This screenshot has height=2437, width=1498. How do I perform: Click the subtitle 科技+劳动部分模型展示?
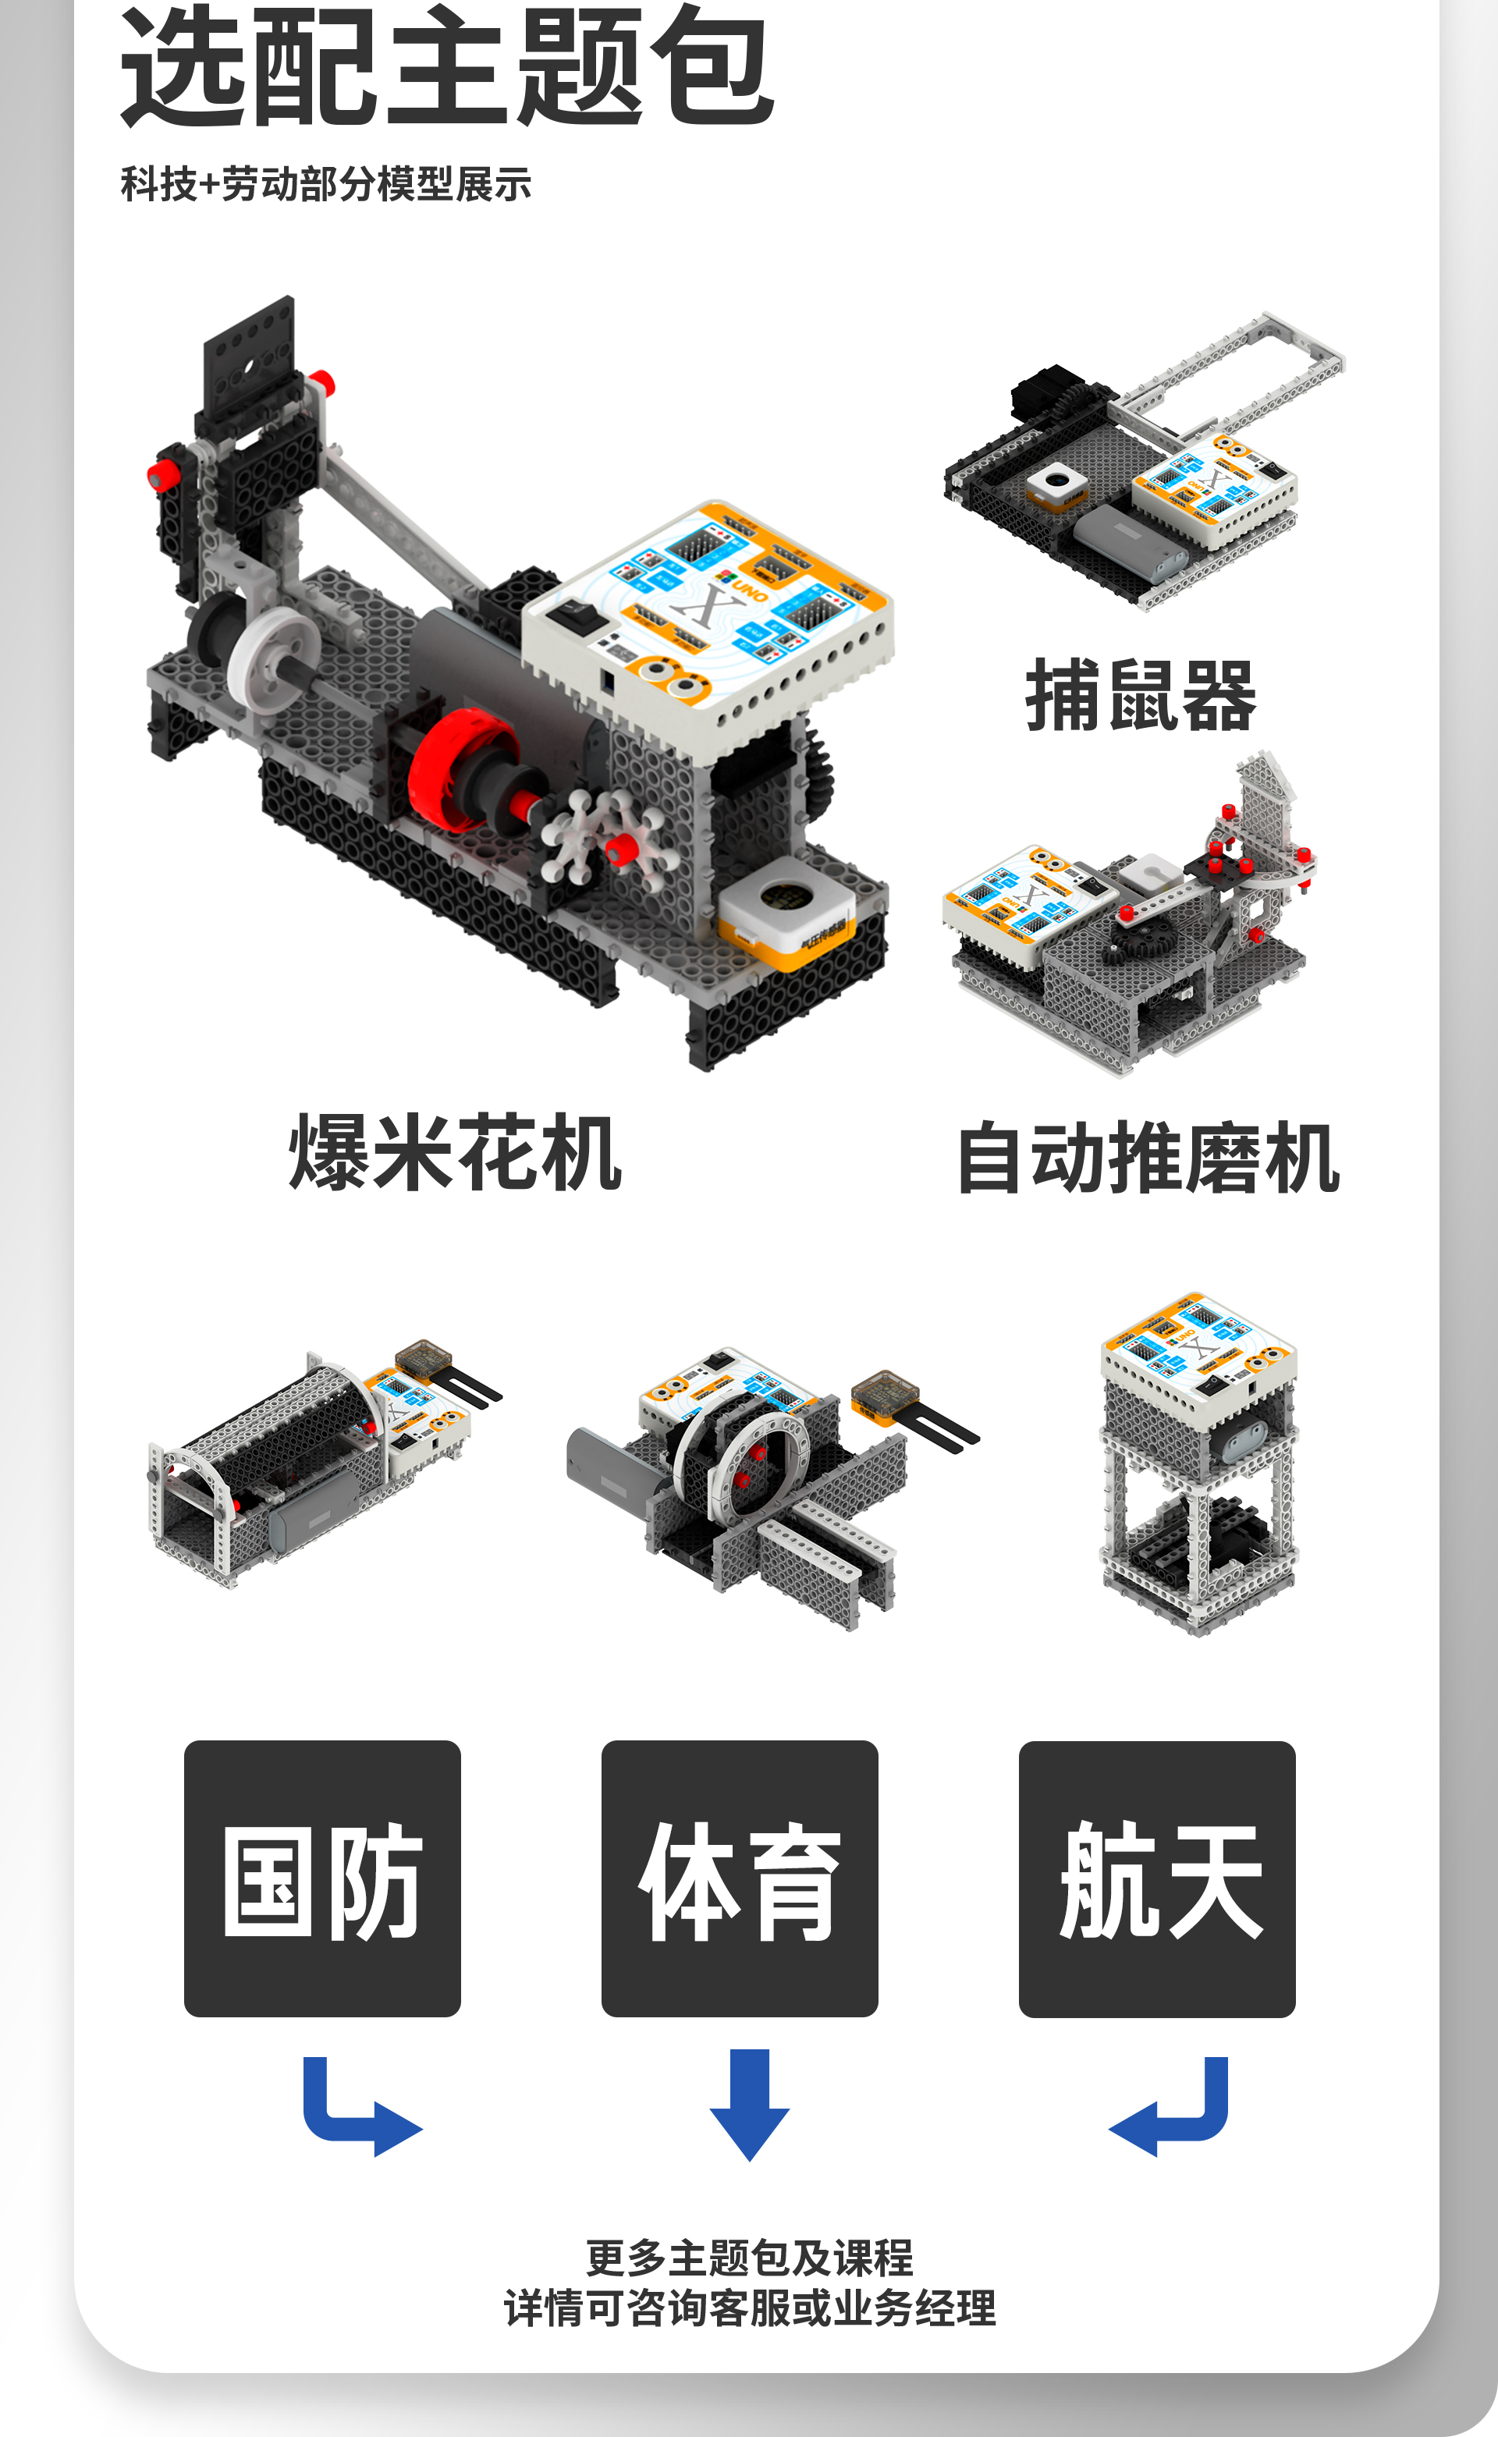coord(326,184)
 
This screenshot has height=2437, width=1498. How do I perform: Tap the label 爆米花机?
coord(455,1151)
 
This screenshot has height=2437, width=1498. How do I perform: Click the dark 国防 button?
coord(322,1878)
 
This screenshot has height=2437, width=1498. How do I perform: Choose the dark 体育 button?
coord(740,1878)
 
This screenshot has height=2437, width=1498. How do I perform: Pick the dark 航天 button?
coord(1157,1878)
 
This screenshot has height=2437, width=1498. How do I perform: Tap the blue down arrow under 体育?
coord(750,2105)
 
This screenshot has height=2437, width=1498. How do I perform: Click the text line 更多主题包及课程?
coord(750,2258)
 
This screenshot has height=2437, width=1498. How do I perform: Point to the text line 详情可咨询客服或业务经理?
coord(750,2308)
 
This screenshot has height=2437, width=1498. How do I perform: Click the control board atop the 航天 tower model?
coord(1199,1358)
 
